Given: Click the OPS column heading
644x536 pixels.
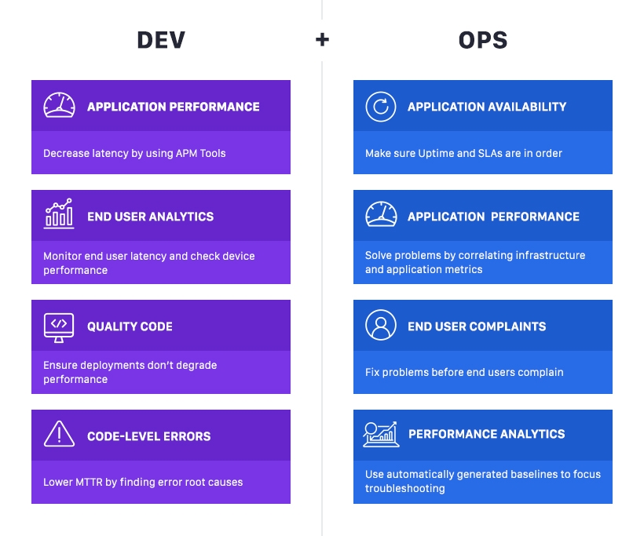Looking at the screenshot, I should [482, 40].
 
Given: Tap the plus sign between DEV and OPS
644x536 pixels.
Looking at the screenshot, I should [322, 39].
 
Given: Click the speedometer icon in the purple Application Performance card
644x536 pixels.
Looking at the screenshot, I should [59, 106].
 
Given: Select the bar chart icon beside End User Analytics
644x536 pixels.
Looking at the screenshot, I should [59, 213].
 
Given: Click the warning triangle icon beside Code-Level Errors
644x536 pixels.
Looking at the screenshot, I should [59, 434].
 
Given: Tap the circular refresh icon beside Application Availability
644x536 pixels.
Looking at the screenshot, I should [381, 107].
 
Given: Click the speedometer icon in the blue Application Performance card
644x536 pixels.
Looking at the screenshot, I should [381, 214].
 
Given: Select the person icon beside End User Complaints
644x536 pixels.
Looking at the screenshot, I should [381, 325].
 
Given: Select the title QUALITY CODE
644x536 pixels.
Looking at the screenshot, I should [130, 326].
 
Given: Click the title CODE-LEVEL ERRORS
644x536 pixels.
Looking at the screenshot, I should [148, 436].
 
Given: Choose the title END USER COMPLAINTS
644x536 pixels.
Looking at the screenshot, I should [476, 326].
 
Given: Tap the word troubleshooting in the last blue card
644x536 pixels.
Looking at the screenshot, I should [404, 488].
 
